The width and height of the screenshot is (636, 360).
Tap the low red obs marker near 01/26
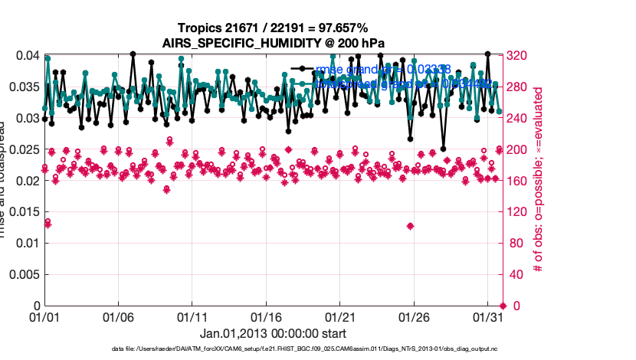(411, 226)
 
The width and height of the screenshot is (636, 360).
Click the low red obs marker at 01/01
(48, 223)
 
